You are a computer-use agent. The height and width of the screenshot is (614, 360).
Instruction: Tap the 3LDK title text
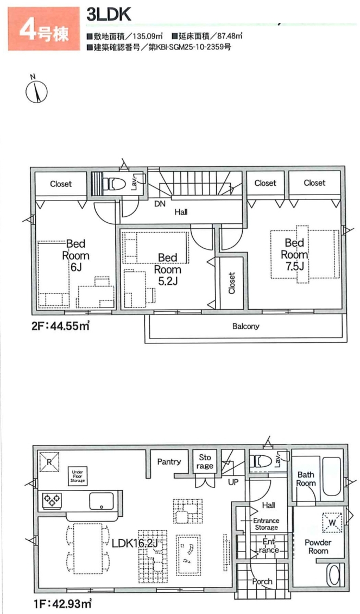pyautogui.click(x=109, y=14)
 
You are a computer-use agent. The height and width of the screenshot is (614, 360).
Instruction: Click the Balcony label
pyautogui.click(x=246, y=326)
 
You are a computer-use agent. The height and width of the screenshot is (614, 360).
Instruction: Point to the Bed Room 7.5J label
pyautogui.click(x=294, y=254)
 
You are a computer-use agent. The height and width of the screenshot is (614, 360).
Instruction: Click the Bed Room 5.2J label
pyautogui.click(x=167, y=270)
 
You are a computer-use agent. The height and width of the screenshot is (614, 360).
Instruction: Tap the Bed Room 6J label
pyautogui.click(x=75, y=255)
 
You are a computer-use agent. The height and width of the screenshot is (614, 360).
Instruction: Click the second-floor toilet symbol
pyautogui.click(x=117, y=183)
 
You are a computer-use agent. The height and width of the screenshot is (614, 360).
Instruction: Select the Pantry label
pyautogui.click(x=169, y=462)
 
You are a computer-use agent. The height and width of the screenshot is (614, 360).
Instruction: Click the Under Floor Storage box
pyautogui.click(x=77, y=476)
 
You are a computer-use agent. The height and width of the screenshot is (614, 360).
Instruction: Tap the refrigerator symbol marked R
pyautogui.click(x=49, y=462)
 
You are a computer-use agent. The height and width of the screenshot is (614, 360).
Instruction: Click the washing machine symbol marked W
pyautogui.click(x=332, y=523)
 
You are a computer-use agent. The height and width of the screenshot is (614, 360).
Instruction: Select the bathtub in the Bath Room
pyautogui.click(x=332, y=476)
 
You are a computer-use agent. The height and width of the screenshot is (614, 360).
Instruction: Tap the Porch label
pyautogui.click(x=262, y=581)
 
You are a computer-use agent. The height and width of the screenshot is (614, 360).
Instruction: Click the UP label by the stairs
pyautogui.click(x=233, y=482)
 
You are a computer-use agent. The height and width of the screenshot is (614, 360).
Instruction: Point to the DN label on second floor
pyautogui.click(x=159, y=204)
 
